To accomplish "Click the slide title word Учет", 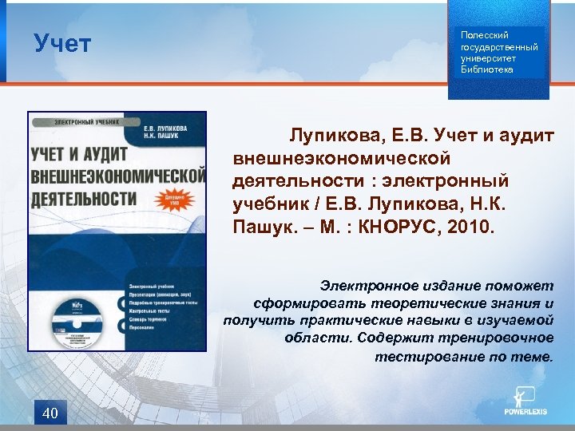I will pyautogui.click(x=62, y=43).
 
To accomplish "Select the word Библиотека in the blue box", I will pyautogui.click(x=487, y=69).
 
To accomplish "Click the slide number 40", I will pyautogui.click(x=50, y=413).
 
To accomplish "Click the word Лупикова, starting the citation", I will pyautogui.click(x=328, y=136).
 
